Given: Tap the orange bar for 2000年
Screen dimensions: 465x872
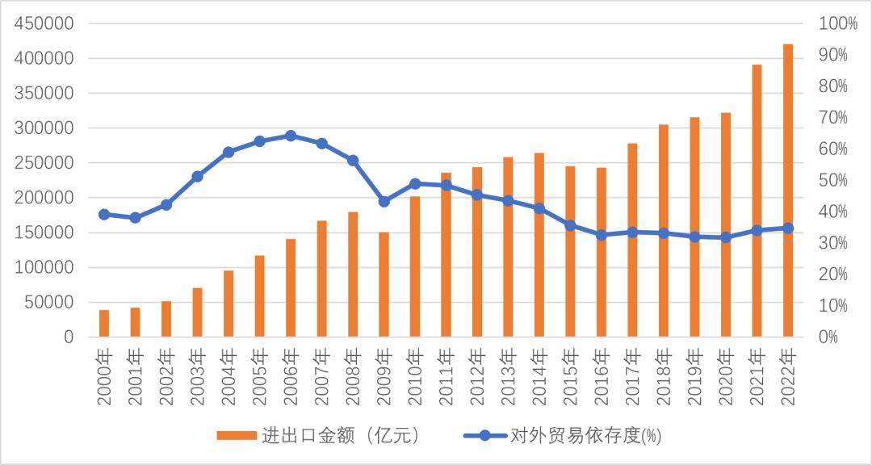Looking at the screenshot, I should (x=104, y=323).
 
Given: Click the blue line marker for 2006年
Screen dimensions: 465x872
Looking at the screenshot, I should (x=291, y=136).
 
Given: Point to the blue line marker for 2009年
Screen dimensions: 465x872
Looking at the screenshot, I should (x=384, y=201).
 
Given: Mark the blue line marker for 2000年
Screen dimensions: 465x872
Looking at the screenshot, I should (x=104, y=214).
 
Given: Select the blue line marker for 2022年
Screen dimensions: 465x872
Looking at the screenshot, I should (x=788, y=228).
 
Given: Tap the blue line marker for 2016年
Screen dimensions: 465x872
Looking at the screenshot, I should (x=602, y=235).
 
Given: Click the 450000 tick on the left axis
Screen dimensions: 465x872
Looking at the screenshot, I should (x=45, y=23).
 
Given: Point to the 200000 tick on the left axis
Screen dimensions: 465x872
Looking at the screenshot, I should (x=45, y=198).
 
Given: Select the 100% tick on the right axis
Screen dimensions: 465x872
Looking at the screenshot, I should (x=838, y=23).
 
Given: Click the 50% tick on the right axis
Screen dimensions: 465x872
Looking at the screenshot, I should (x=834, y=180).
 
